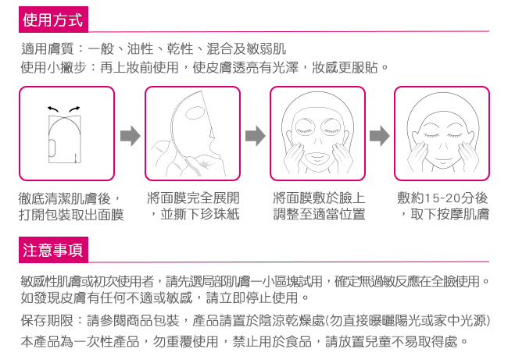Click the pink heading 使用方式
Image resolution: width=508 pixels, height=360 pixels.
click(x=53, y=20)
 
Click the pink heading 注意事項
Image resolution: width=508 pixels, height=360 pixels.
click(x=53, y=250)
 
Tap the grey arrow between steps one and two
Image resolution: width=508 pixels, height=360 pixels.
click(x=130, y=136)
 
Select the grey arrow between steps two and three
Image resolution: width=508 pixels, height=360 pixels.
click(x=255, y=136)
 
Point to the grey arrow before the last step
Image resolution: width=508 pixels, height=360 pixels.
click(x=379, y=136)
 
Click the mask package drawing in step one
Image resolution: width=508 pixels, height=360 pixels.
click(x=65, y=139)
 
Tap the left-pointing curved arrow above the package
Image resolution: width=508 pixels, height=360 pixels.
click(x=53, y=109)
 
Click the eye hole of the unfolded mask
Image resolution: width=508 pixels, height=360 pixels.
click(x=195, y=112)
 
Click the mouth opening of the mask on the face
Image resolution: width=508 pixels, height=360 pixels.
click(x=317, y=159)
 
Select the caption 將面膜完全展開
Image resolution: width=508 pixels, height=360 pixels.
click(x=193, y=198)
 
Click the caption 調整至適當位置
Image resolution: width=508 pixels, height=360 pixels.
click(x=319, y=214)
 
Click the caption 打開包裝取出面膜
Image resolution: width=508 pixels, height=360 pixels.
click(x=71, y=215)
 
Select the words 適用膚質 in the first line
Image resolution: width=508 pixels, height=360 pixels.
click(x=48, y=49)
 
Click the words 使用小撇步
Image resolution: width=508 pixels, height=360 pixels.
click(x=54, y=68)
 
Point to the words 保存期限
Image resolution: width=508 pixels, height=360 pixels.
click(x=48, y=320)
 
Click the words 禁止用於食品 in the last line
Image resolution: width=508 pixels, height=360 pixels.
click(x=272, y=341)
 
